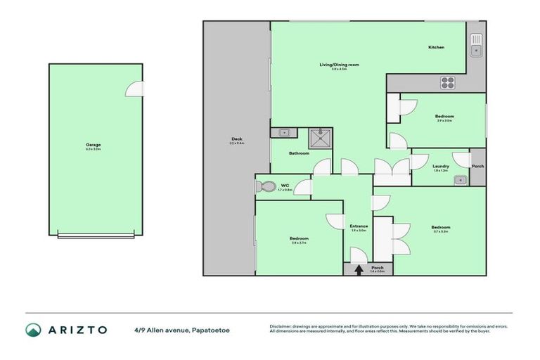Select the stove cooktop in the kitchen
pyautogui.click(x=448, y=83)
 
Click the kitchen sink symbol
pyautogui.click(x=476, y=45)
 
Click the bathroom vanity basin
pyautogui.click(x=283, y=132)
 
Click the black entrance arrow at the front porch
pyautogui.click(x=359, y=269)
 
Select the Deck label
pyautogui.click(x=236, y=139)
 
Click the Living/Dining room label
pyautogui.click(x=339, y=65)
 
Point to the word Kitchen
pyautogui.click(x=436, y=47)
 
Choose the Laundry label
pyautogui.click(x=440, y=166)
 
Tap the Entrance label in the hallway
pyautogui.click(x=359, y=226)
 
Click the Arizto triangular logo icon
pyautogui.click(x=33, y=330)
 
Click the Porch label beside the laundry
pyautogui.click(x=477, y=166)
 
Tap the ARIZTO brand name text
pyautogui.click(x=77, y=330)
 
